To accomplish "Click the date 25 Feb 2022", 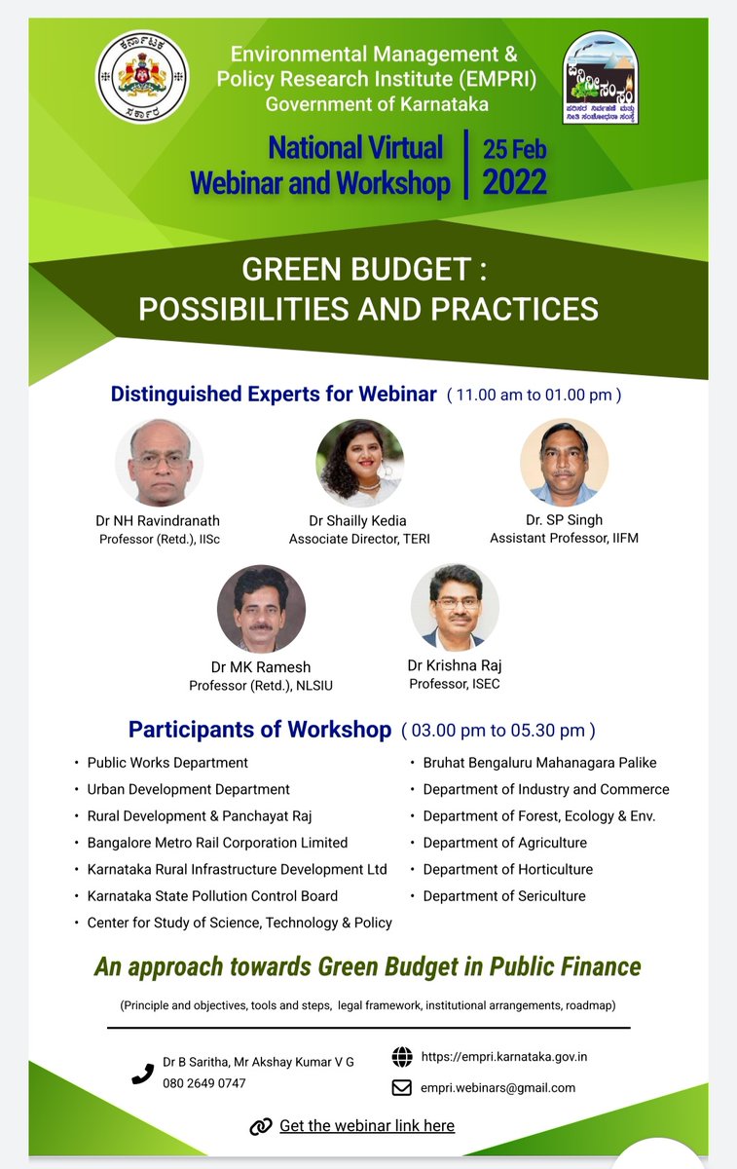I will click(x=515, y=165).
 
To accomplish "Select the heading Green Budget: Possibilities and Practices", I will click(x=368, y=289).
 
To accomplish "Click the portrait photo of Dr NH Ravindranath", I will click(x=159, y=463).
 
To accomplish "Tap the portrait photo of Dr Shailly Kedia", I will click(x=359, y=463).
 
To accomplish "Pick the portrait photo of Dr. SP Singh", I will click(x=565, y=463).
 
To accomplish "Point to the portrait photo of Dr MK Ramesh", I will click(x=261, y=609).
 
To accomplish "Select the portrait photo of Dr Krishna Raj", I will click(x=455, y=607).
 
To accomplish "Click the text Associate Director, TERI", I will click(x=359, y=539).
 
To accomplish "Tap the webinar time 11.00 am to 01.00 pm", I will click(x=534, y=396).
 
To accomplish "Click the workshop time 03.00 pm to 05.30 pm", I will click(x=497, y=731).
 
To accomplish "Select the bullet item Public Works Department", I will click(x=167, y=763).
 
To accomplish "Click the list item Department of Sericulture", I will click(x=504, y=895).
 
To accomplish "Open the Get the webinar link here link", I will click(x=367, y=1125).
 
